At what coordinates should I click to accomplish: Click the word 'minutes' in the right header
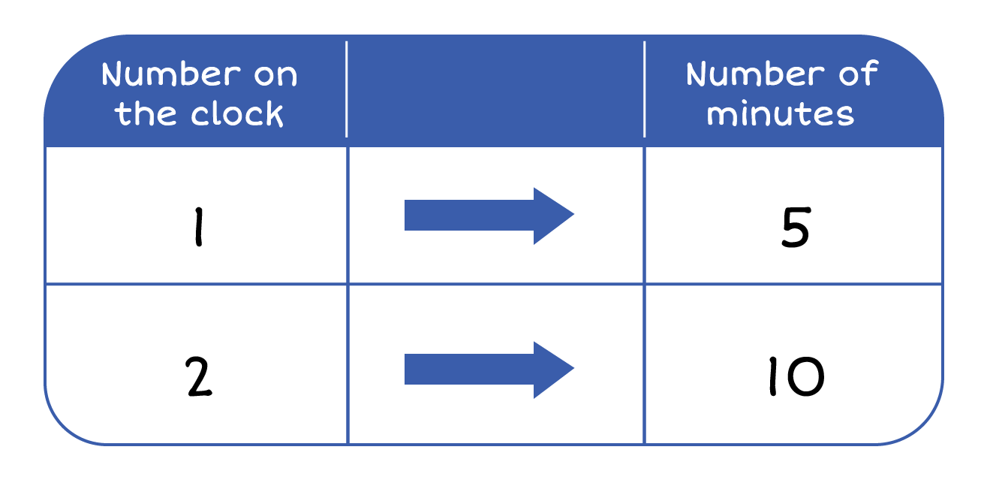point(781,114)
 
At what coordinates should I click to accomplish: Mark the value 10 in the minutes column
point(794,378)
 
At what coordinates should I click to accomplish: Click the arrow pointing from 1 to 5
point(489,216)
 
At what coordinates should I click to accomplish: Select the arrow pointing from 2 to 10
point(489,369)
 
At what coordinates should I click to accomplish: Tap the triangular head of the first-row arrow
point(552,216)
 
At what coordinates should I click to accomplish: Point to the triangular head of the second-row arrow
point(552,369)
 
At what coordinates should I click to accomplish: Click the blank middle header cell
point(495,90)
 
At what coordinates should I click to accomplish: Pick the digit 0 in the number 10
point(806,378)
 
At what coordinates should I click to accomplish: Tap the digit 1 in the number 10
point(772,378)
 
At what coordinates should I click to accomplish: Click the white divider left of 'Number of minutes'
point(645,90)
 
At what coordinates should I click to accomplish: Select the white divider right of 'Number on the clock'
point(347,90)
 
